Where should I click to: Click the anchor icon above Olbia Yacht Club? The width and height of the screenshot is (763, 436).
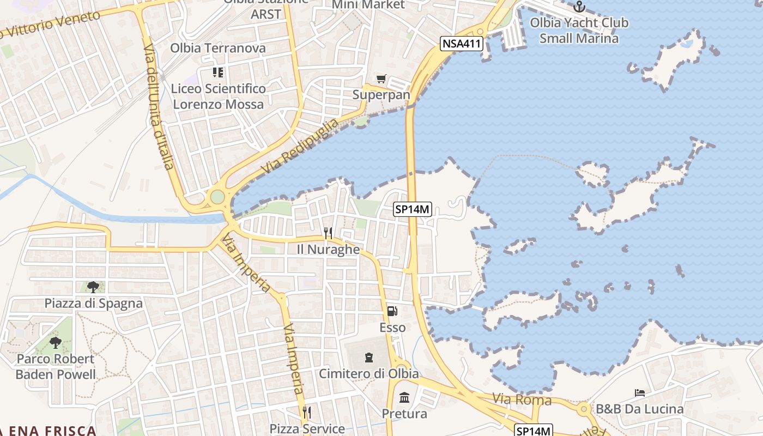point(579,7)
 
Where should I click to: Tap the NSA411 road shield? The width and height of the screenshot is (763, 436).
point(462,44)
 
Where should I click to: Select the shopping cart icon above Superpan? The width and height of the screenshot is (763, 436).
point(381,79)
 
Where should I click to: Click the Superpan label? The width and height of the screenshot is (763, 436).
point(381,94)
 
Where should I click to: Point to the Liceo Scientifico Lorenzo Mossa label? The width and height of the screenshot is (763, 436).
point(218,96)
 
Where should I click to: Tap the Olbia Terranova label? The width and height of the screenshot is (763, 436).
point(218,48)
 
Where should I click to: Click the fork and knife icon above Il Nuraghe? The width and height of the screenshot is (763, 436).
point(328,233)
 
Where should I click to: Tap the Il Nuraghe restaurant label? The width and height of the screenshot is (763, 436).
point(328,250)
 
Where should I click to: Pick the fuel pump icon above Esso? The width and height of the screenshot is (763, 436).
point(392,311)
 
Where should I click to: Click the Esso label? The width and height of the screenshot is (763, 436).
point(392,328)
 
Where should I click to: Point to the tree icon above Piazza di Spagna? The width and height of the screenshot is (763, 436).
point(93,287)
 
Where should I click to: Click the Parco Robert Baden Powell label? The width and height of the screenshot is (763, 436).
point(56,367)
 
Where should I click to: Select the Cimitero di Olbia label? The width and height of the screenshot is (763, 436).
point(369,374)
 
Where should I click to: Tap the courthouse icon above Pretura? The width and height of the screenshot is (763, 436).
point(404,397)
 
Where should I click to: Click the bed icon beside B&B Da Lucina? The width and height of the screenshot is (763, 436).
point(640,393)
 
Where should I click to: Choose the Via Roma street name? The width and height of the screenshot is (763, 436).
point(522,400)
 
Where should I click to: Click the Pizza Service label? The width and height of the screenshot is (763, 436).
point(307,428)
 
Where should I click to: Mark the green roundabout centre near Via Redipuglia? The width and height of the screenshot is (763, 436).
point(217,196)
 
